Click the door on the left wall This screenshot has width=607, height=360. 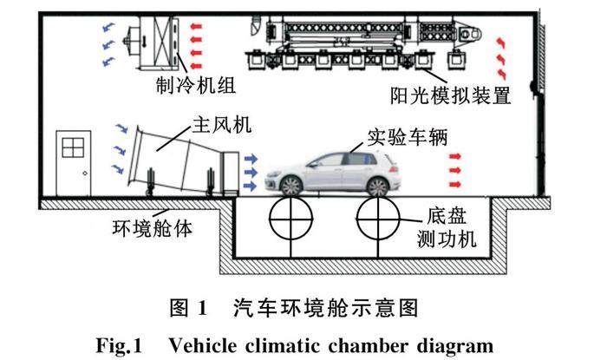pyautogui.click(x=74, y=165)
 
